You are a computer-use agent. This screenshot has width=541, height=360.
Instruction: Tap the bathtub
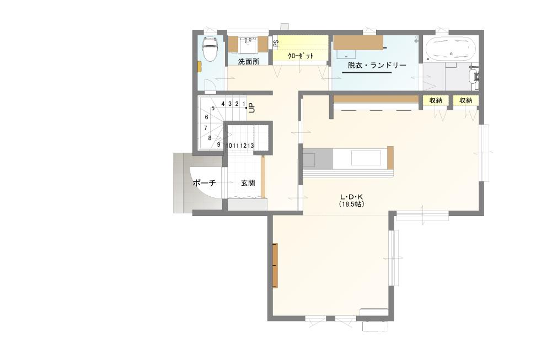[x=451, y=49]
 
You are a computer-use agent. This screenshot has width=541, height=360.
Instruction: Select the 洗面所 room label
[x=249, y=62]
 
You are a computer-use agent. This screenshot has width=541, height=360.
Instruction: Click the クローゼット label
[x=301, y=56]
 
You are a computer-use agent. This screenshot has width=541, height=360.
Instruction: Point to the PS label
[x=276, y=44]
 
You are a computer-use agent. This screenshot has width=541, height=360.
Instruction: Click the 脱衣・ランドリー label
[x=377, y=65]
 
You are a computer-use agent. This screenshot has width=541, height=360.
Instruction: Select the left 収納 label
[x=436, y=100]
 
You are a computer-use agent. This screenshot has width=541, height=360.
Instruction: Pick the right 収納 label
[x=466, y=100]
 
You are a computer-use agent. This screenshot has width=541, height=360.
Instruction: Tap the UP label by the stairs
[x=251, y=108]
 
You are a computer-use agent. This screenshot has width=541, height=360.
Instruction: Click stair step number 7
[x=205, y=128]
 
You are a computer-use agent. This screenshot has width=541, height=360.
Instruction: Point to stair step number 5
[x=213, y=108]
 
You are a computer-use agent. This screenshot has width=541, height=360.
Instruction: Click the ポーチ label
[x=204, y=183]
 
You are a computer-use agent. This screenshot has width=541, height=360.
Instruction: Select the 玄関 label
[x=248, y=183]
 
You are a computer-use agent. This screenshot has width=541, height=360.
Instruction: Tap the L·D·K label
[x=352, y=197]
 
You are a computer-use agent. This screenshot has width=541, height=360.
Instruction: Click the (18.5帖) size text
[x=352, y=204]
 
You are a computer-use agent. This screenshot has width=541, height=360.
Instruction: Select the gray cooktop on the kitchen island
[x=318, y=159]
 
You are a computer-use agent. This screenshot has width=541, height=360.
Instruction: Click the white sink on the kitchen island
[x=366, y=158]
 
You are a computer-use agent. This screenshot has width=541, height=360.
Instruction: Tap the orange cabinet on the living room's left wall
[x=275, y=265]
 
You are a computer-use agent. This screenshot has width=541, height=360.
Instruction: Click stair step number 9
[x=219, y=144]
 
